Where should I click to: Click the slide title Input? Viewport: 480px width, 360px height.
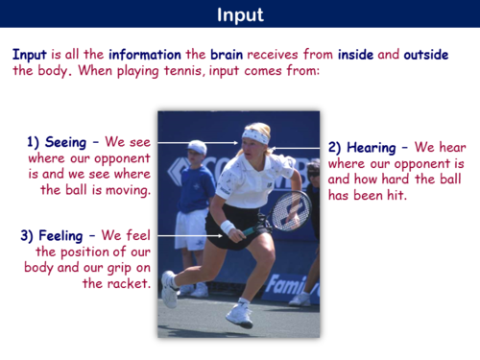(x=240, y=14)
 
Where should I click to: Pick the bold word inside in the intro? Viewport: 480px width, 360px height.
(x=349, y=55)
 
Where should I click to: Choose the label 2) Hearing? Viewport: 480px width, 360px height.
(x=363, y=148)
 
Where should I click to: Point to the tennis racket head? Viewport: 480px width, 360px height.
(x=290, y=209)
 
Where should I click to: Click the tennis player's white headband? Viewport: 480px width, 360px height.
(x=255, y=134)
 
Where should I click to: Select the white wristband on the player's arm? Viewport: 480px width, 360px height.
(x=228, y=228)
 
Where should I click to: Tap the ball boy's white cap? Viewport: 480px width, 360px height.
(x=197, y=147)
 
